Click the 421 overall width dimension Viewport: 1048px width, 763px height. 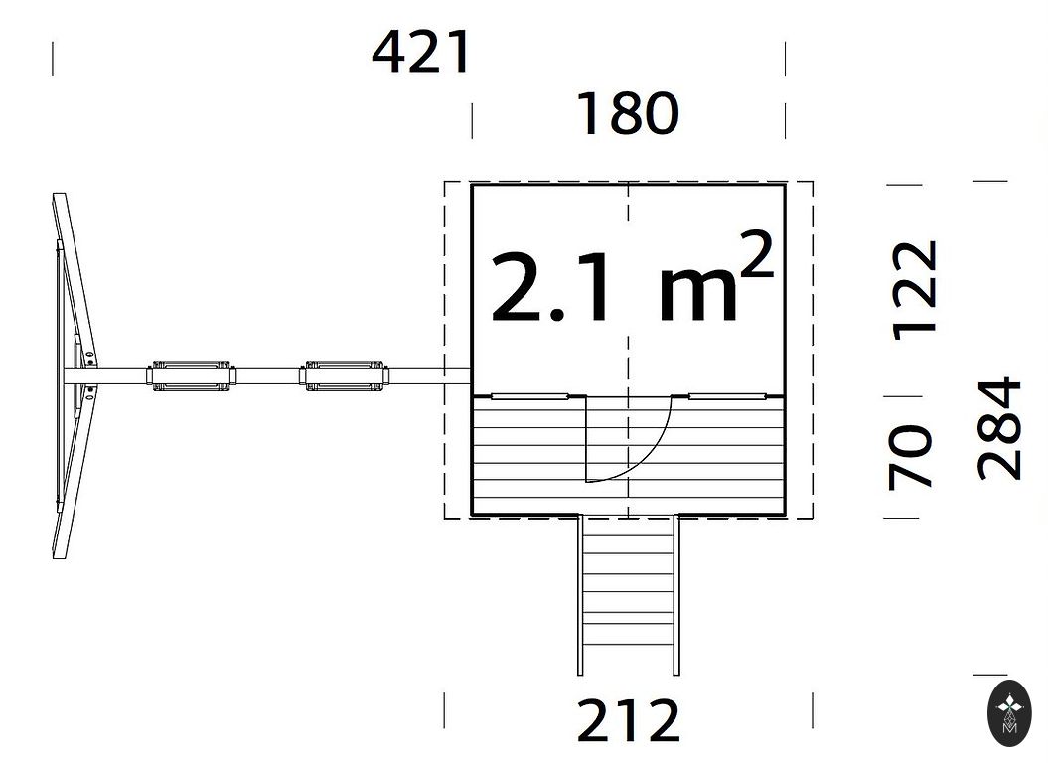(x=421, y=53)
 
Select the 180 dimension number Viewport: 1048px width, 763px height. (x=628, y=113)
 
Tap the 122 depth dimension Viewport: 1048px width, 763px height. (x=915, y=291)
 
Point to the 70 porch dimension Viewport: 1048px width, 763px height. (x=910, y=457)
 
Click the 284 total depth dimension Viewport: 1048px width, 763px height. (x=999, y=428)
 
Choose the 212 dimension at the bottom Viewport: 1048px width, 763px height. (x=628, y=720)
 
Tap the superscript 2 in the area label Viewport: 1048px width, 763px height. (x=756, y=254)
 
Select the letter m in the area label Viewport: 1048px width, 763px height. (x=697, y=293)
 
